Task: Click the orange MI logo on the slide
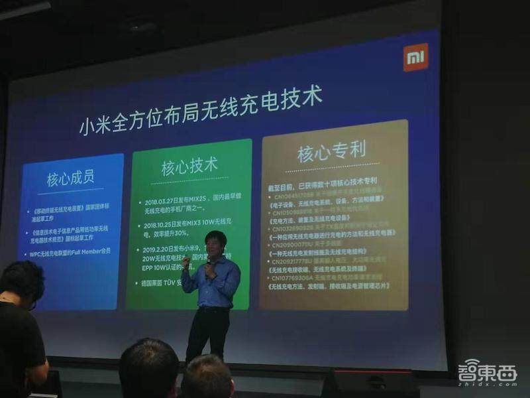click(x=415, y=57)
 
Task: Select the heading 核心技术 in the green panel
click(x=189, y=165)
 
